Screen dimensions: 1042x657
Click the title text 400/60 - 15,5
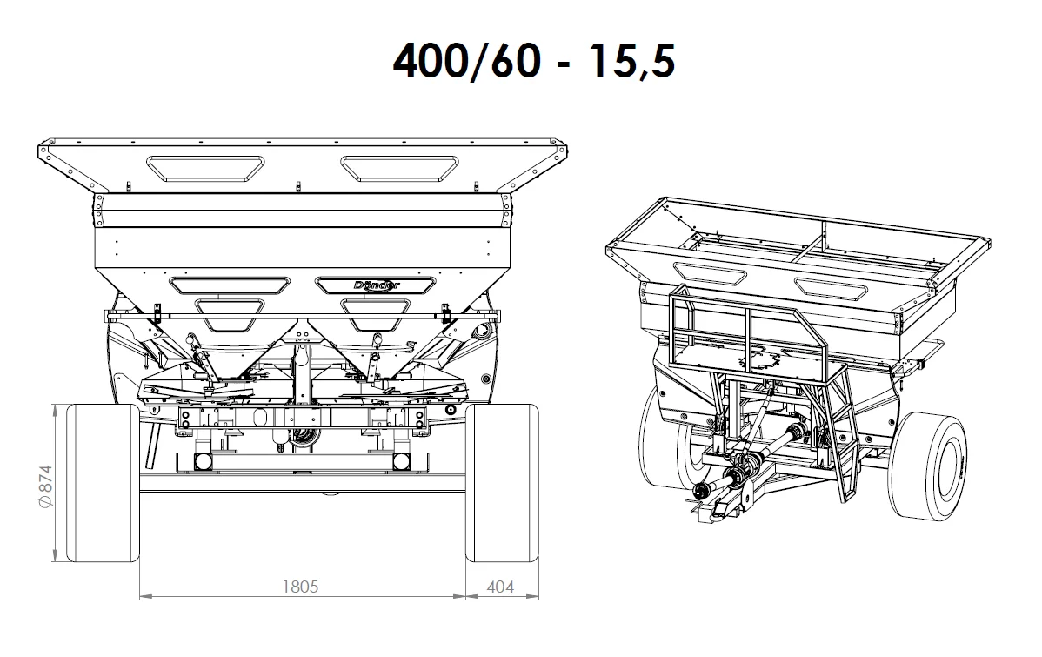(x=534, y=61)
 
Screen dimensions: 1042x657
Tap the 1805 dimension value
(x=300, y=587)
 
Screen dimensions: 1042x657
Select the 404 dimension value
(x=500, y=587)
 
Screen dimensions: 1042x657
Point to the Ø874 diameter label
(x=44, y=487)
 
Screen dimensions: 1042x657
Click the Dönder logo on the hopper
(x=377, y=285)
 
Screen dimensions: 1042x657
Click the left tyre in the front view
(x=103, y=483)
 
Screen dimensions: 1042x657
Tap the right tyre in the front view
(x=502, y=483)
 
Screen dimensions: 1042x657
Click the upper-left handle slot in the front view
(x=205, y=168)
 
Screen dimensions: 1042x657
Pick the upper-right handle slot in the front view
(x=399, y=168)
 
